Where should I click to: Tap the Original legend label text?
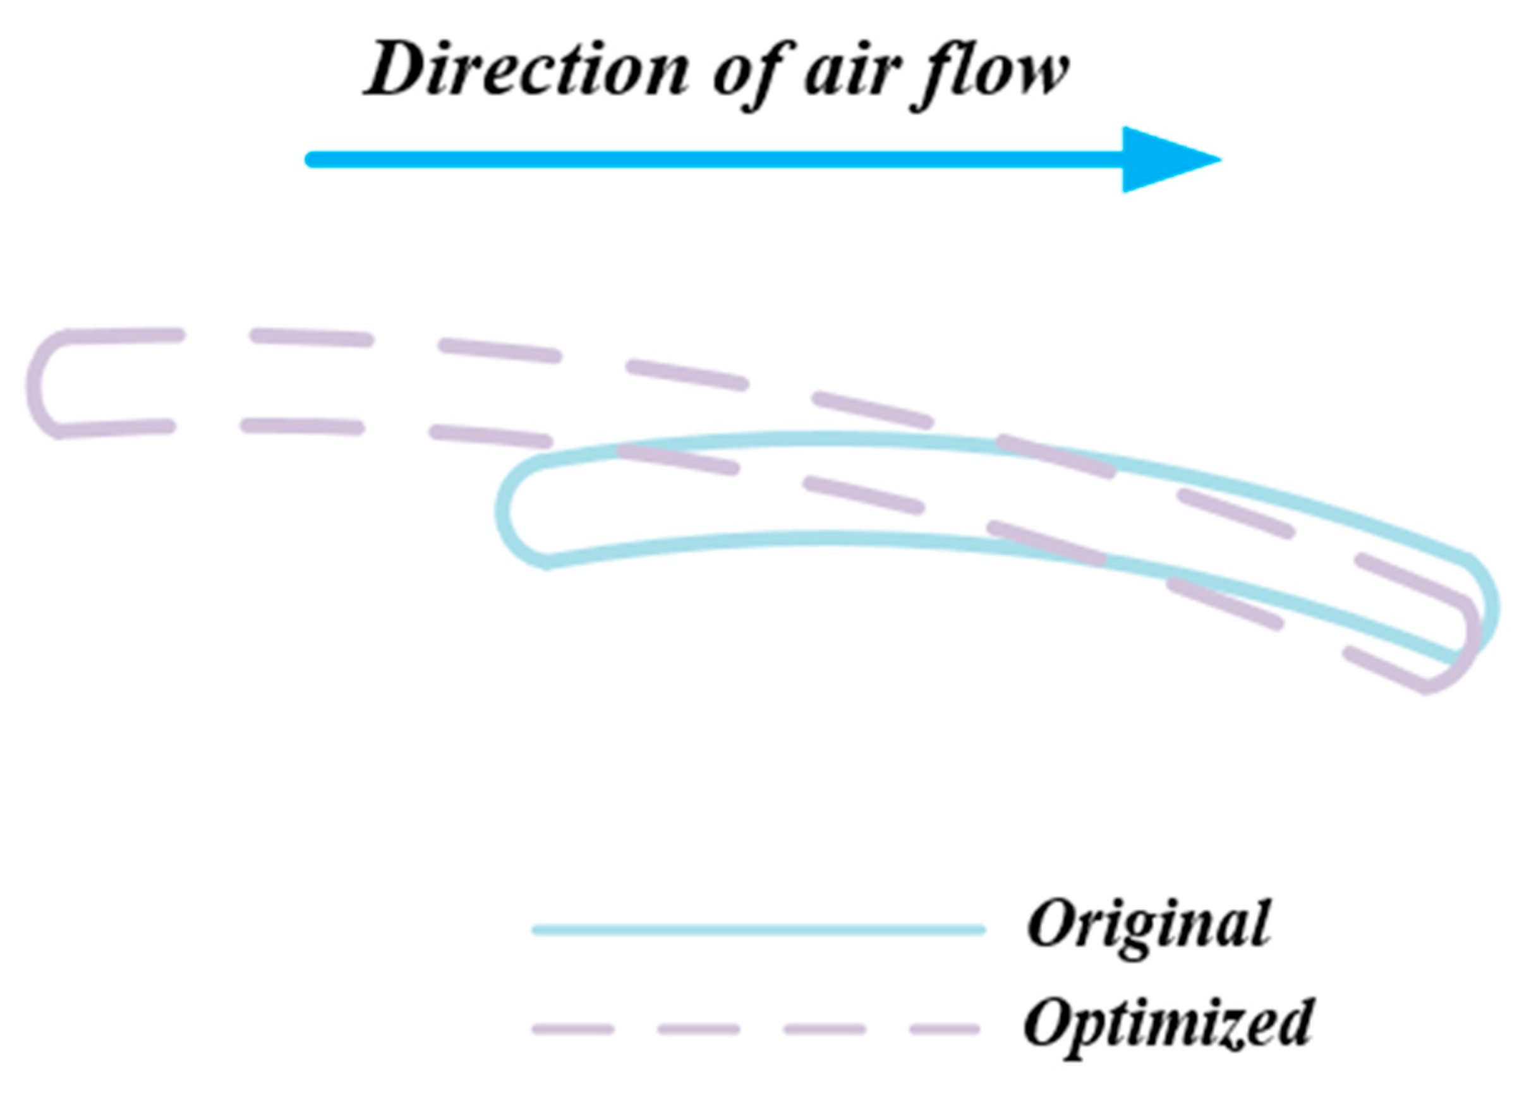point(1149,925)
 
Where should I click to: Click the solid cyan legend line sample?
point(758,930)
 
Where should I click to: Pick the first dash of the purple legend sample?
point(573,1030)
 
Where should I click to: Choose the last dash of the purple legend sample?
point(945,1030)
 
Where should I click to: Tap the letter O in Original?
point(1050,925)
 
